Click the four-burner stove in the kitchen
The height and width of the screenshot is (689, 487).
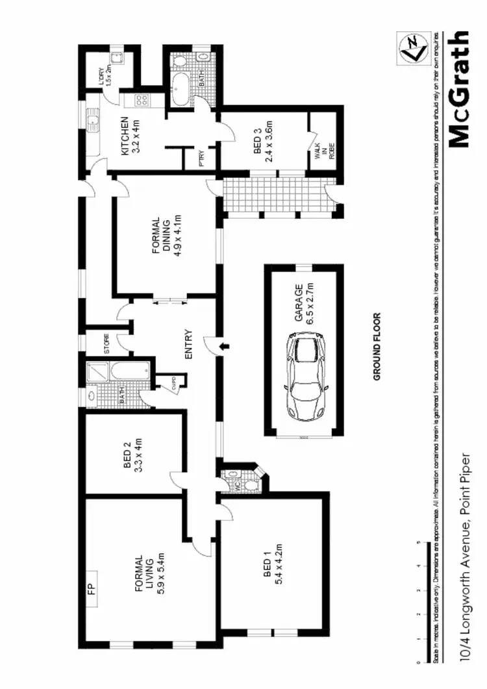[x=142, y=101]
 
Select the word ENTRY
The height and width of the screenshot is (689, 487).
[x=189, y=345]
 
